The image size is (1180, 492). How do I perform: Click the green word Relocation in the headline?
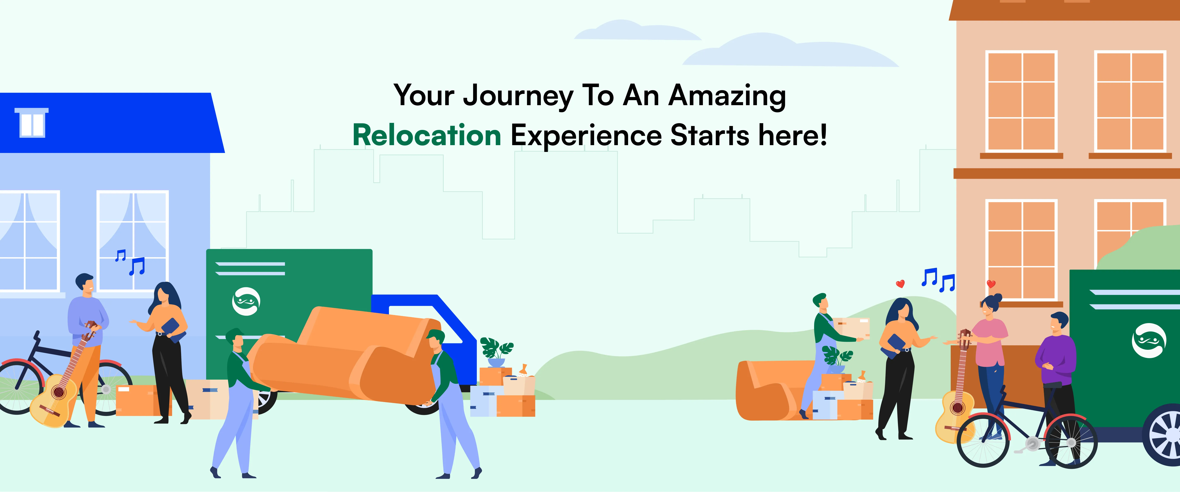[x=427, y=136]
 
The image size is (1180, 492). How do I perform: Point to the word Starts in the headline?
[x=710, y=136]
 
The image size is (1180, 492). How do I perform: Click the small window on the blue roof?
[x=32, y=123]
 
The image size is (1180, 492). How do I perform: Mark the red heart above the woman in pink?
[x=991, y=284]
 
